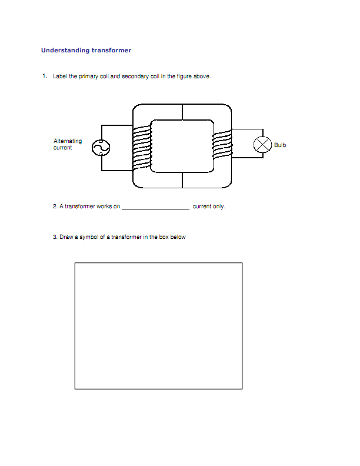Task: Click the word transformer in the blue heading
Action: (x=111, y=51)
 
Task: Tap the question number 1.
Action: (x=44, y=76)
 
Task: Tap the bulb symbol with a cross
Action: (x=262, y=145)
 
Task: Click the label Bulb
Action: (x=280, y=145)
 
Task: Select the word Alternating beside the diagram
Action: (x=68, y=141)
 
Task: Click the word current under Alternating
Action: (x=63, y=148)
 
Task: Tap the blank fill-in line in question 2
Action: (x=155, y=208)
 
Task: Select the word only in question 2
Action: (x=219, y=207)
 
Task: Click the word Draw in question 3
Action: (x=66, y=238)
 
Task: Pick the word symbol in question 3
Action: (x=88, y=238)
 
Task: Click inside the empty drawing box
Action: (x=158, y=325)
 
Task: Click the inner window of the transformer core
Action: (x=182, y=146)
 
